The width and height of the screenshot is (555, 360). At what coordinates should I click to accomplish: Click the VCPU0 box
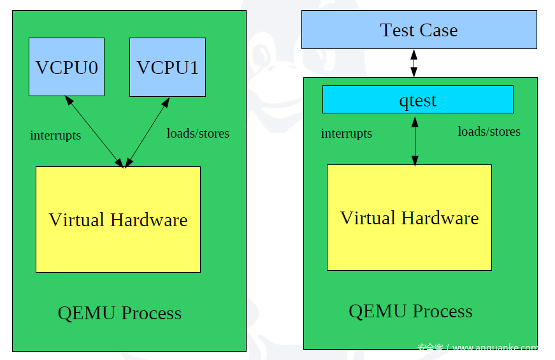click(x=66, y=67)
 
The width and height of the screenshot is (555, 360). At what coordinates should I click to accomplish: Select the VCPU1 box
click(x=168, y=67)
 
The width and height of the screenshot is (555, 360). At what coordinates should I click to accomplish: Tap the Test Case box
click(x=419, y=30)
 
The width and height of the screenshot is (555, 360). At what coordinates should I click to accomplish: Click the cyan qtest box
click(x=417, y=100)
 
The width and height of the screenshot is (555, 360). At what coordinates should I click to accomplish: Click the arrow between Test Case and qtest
click(x=414, y=63)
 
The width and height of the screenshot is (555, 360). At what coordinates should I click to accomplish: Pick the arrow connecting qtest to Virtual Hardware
click(x=415, y=140)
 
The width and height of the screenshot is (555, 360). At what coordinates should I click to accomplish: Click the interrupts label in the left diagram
click(x=55, y=136)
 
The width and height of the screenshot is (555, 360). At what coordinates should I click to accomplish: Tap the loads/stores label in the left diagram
click(x=198, y=133)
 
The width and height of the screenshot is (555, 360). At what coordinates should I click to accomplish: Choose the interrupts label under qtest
click(x=346, y=134)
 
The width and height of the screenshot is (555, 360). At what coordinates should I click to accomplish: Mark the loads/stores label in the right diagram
click(x=489, y=131)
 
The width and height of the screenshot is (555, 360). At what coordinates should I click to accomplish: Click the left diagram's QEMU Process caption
click(x=120, y=313)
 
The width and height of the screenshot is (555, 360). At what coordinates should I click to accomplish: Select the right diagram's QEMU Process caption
click(x=410, y=311)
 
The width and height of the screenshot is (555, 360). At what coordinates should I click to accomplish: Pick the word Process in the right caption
click(x=442, y=311)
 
